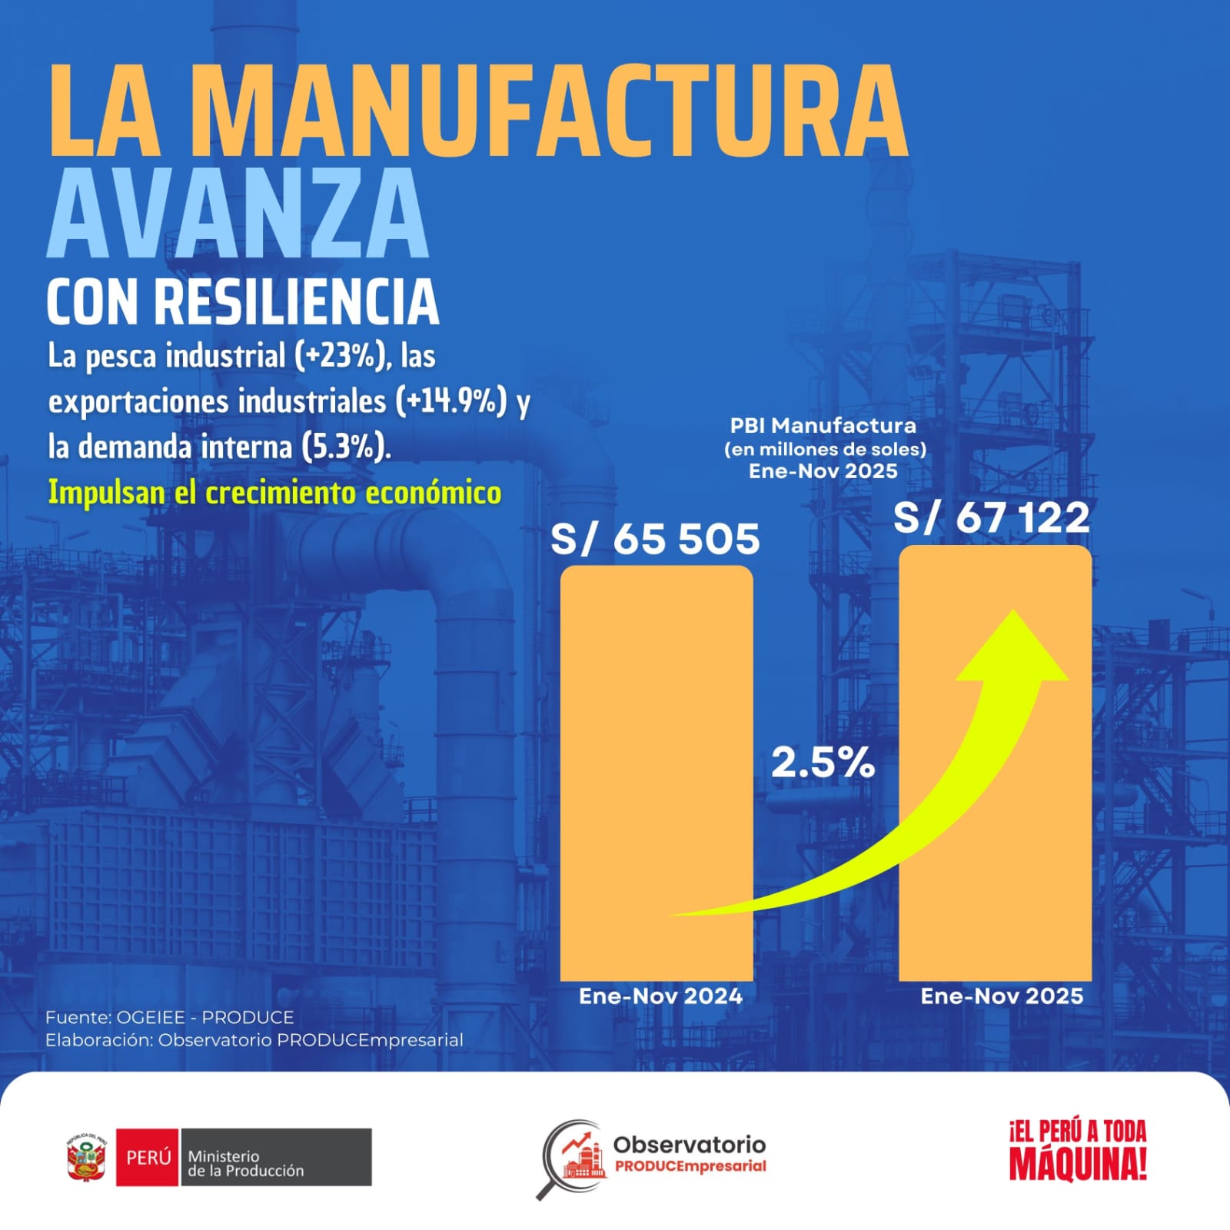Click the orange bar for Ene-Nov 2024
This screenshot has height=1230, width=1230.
click(656, 769)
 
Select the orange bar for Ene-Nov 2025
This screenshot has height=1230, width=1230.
click(995, 769)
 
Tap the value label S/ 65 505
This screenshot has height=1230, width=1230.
click(655, 539)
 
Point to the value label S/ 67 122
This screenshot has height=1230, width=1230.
click(992, 517)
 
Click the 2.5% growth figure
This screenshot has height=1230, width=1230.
click(823, 763)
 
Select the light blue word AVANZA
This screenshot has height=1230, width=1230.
click(238, 213)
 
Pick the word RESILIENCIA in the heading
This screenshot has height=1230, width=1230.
click(297, 302)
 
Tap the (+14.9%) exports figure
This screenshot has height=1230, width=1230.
click(451, 401)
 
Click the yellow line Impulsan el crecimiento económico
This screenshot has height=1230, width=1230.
click(274, 492)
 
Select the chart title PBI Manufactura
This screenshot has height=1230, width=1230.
click(823, 425)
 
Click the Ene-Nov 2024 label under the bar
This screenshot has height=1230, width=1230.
click(660, 996)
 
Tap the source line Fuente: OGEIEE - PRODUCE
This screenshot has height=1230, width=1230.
click(169, 1017)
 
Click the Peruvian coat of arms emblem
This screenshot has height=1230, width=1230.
click(87, 1156)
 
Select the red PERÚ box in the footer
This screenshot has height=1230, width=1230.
click(148, 1157)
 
